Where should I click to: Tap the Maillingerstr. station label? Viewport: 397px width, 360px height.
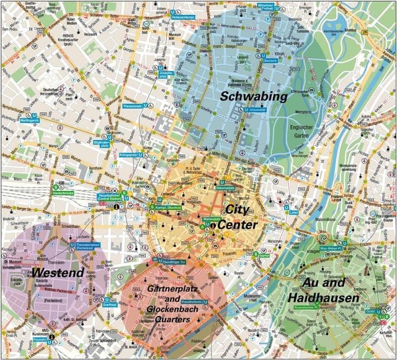pos(30,120)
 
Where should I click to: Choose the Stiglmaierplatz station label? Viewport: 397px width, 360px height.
pos(100,144)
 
